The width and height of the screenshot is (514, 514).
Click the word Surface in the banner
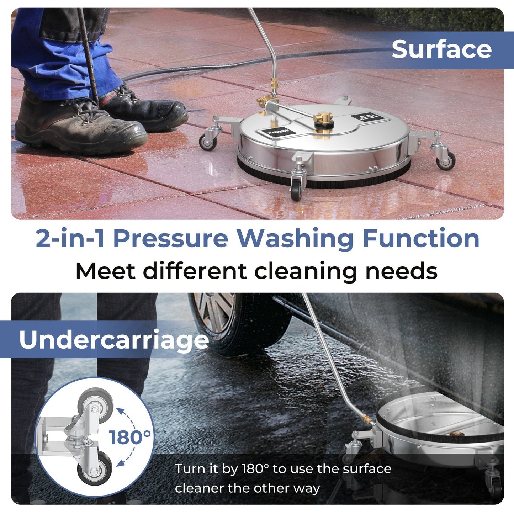tap(441, 49)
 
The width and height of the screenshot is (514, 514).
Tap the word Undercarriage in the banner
tap(114, 340)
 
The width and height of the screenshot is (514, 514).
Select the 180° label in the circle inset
tap(130, 437)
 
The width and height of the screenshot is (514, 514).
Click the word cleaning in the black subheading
tap(306, 271)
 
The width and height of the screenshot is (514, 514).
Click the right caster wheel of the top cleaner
tap(446, 160)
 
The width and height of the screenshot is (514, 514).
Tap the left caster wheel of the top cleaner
tap(208, 141)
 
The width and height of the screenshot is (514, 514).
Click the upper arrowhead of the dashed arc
tap(120, 412)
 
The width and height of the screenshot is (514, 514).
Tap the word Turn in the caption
tap(189, 469)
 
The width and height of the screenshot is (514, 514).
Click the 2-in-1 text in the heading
tap(70, 238)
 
